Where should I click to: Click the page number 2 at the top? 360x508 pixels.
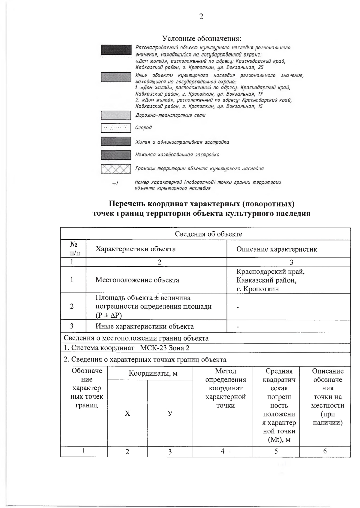click(x=201, y=17)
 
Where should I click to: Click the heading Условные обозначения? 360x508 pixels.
click(x=202, y=38)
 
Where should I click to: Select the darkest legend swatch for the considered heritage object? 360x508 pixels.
click(x=116, y=50)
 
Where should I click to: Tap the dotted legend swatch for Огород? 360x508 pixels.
click(x=116, y=128)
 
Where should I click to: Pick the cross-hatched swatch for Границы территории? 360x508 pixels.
click(x=116, y=169)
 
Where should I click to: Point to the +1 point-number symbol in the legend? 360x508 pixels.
click(x=115, y=183)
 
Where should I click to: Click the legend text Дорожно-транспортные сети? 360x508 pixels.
click(x=170, y=115)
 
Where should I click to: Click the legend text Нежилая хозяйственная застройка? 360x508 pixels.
click(x=177, y=155)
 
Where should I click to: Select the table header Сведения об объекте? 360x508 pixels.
click(x=208, y=234)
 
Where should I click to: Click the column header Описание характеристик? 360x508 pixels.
click(x=276, y=249)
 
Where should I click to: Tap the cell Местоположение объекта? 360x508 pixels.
click(x=137, y=280)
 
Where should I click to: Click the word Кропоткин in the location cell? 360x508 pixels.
click(x=261, y=289)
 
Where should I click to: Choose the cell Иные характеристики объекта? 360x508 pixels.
click(x=144, y=326)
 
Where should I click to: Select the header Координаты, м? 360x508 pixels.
click(x=153, y=373)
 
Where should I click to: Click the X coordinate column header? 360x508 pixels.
click(x=127, y=413)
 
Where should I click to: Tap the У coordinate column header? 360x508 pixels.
click(x=170, y=413)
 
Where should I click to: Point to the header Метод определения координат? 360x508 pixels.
click(x=225, y=388)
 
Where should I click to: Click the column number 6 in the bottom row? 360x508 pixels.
click(x=325, y=451)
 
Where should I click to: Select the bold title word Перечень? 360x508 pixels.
click(x=127, y=204)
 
